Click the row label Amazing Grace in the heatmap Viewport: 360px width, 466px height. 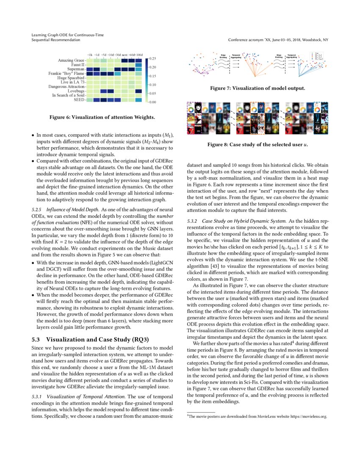[71, 61]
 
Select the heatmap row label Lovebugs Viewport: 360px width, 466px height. [76, 91]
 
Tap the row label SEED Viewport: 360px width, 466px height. [79, 100]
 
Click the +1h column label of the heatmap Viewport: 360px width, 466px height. [89, 55]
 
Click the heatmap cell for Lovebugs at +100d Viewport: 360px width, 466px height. [139, 91]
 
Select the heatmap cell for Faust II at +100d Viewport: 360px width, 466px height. [139, 65]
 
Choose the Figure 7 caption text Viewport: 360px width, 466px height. [258, 88]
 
